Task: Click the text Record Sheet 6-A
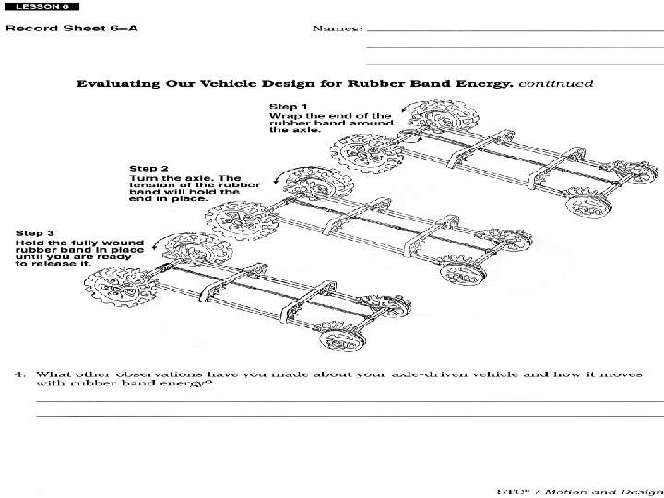(72, 28)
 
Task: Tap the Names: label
(338, 28)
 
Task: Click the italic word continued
(556, 83)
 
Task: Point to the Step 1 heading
(289, 106)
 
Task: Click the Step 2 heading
(148, 169)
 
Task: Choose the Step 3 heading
(38, 233)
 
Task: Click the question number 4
(18, 374)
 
